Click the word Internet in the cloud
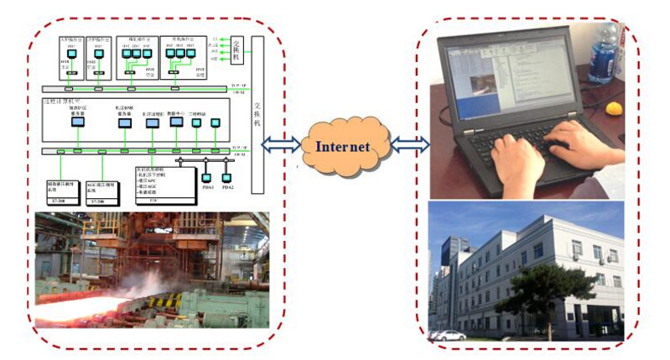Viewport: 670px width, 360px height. coord(342,146)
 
